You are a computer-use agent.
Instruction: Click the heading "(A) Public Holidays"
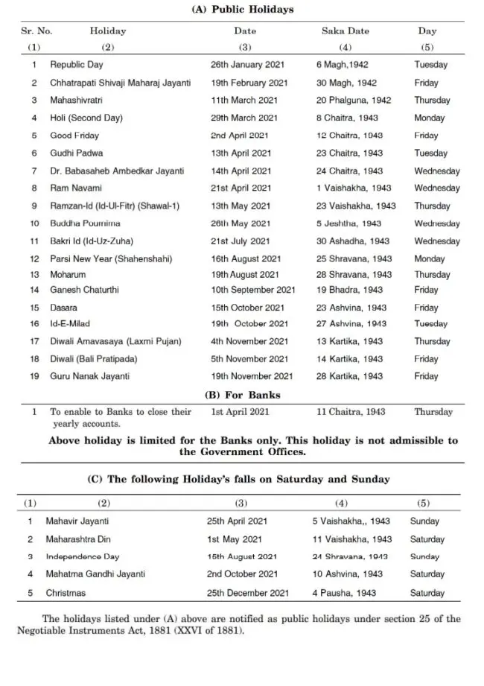point(243,10)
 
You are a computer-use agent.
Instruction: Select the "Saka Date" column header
point(345,31)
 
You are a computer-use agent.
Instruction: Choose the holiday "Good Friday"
point(74,136)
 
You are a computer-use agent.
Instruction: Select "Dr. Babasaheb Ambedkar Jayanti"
point(117,171)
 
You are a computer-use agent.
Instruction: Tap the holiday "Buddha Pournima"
point(85,223)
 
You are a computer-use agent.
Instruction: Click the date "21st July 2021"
point(240,241)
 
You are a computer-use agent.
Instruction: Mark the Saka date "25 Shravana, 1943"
point(354,259)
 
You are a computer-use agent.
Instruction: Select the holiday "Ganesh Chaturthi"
point(84,290)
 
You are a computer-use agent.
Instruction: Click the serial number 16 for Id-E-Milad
point(34,324)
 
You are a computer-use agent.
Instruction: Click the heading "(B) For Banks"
point(243,395)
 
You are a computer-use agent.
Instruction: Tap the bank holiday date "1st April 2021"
point(241,412)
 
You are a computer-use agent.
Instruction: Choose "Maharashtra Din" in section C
point(80,539)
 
